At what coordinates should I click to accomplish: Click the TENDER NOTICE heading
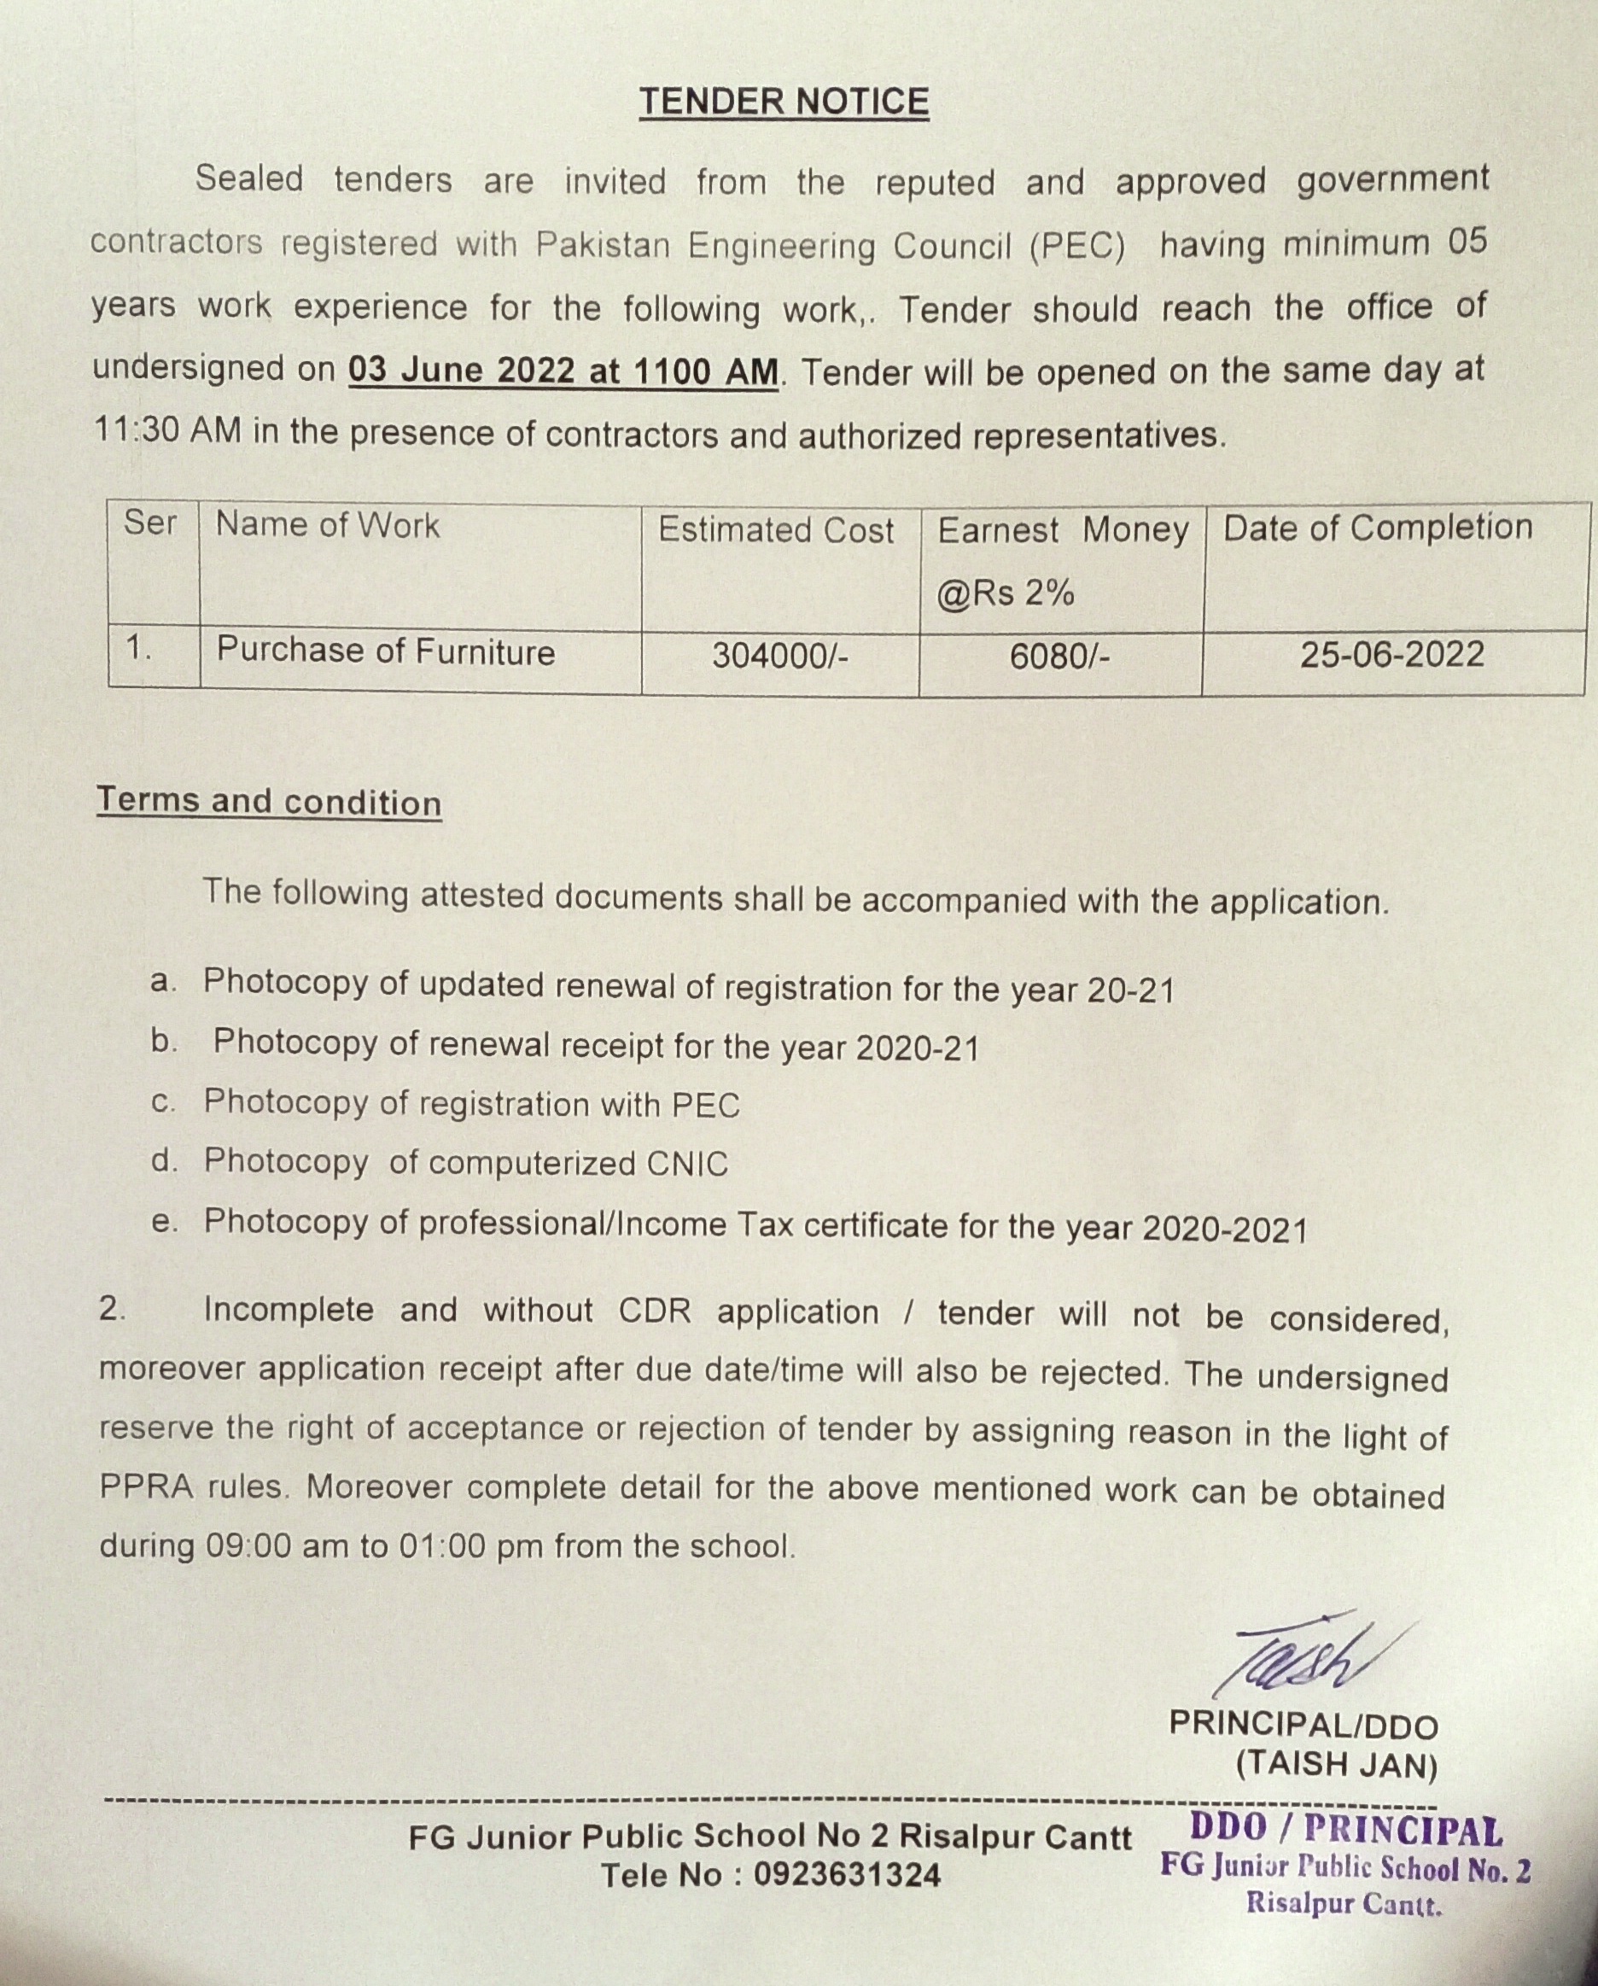(784, 102)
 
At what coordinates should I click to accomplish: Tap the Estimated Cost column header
(775, 529)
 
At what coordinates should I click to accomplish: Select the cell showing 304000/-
(779, 656)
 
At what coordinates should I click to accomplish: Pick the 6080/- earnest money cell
(1059, 656)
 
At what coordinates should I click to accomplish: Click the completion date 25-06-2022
(1391, 655)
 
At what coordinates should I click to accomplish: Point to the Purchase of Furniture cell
(385, 651)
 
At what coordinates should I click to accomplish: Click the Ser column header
(150, 523)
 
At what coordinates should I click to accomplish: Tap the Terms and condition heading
(269, 802)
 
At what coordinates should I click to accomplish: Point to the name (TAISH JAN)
(1335, 1764)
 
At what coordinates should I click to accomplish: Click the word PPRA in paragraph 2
(147, 1487)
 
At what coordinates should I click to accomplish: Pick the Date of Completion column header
(1377, 528)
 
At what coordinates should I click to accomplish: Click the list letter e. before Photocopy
(163, 1223)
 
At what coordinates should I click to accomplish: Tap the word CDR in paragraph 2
(654, 1311)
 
